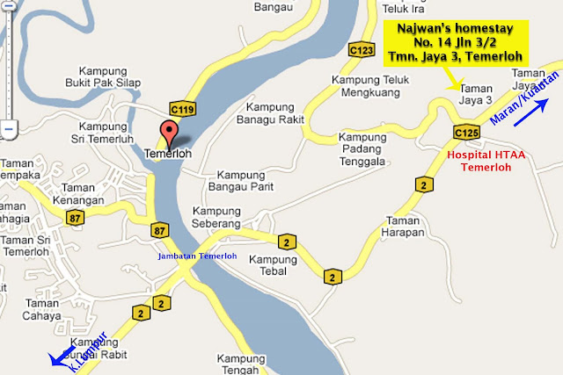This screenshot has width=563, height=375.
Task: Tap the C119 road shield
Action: click(182, 109)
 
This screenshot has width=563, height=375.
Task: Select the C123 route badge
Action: click(360, 51)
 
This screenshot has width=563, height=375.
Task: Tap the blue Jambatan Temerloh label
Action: click(197, 256)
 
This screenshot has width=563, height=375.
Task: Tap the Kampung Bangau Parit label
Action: click(240, 180)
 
